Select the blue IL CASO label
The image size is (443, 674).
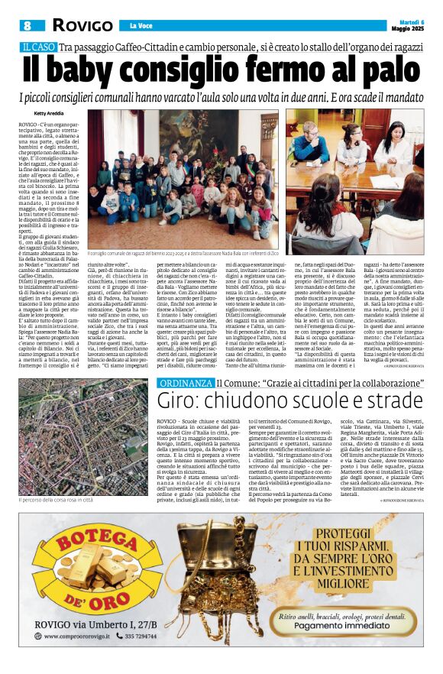39,48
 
